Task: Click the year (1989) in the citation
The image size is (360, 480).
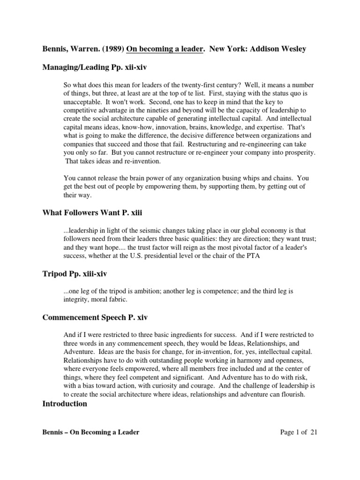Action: (99, 49)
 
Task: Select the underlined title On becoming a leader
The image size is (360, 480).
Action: (159, 49)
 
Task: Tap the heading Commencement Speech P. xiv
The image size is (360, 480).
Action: (95, 317)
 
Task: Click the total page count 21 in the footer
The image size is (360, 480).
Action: (314, 432)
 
